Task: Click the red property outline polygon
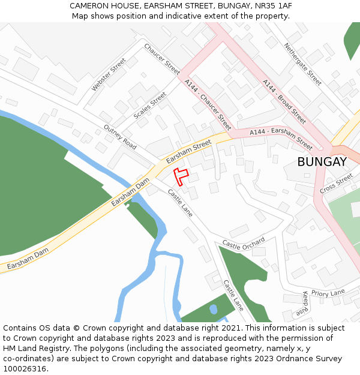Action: point(180,176)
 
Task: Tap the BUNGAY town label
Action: point(322,162)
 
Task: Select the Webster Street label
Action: point(109,75)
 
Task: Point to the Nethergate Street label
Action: point(303,64)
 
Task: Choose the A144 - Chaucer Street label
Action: point(208,105)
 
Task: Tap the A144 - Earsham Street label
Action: point(281,139)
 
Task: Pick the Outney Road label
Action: point(120,137)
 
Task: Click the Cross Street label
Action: point(336,184)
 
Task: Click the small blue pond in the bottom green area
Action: point(213,310)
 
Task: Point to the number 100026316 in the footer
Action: point(26,369)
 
